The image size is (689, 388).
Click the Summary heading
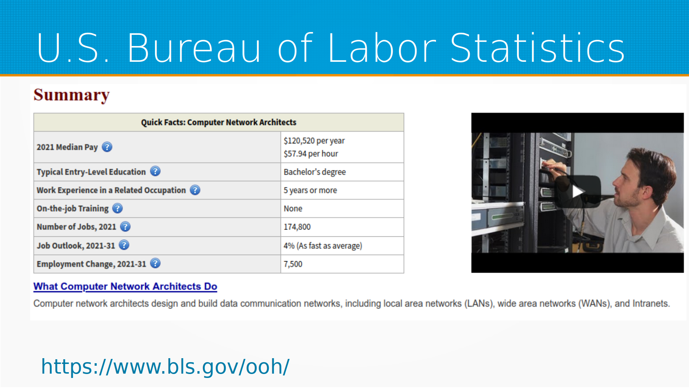tap(71, 95)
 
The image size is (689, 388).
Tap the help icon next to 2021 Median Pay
tap(107, 147)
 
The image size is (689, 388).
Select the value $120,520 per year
tap(314, 140)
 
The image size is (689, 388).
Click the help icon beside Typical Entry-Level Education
tap(155, 171)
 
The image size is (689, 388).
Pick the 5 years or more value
tap(310, 190)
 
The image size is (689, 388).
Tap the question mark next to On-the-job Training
tap(117, 208)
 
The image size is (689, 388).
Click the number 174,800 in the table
tap(297, 227)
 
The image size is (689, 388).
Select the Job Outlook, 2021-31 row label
tap(76, 246)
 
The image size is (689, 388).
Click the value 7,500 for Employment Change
tap(293, 264)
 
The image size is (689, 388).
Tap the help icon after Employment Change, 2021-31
tap(155, 263)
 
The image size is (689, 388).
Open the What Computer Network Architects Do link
tap(125, 286)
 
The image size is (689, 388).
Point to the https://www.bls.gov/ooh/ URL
tap(165, 367)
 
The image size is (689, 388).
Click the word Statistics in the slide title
tap(538, 48)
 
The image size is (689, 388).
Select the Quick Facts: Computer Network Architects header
tap(219, 123)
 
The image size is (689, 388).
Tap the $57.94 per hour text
tap(311, 154)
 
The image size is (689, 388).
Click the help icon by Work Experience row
tap(195, 190)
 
